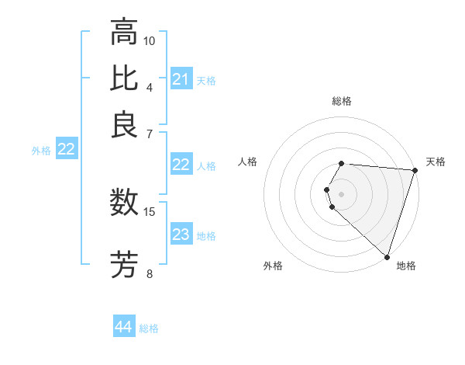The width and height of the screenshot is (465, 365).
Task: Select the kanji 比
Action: point(124,78)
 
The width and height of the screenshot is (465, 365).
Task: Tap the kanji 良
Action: point(124,123)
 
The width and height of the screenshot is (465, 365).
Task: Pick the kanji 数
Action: point(124,203)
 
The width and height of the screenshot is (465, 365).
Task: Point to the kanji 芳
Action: point(124,265)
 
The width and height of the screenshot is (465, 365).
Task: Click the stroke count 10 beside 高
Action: point(149,40)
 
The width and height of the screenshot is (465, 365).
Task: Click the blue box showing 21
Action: point(181,79)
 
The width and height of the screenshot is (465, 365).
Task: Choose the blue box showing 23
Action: point(181,235)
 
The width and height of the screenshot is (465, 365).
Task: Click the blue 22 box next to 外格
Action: point(66,150)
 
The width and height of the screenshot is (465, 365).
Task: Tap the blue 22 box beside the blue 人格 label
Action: point(181,165)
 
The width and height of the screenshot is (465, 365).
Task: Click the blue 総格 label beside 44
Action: point(149,328)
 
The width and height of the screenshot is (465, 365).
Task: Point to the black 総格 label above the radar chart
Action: point(342,101)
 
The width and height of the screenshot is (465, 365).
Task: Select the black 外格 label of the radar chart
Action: point(273,266)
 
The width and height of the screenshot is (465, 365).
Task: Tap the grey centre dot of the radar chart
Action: point(342,193)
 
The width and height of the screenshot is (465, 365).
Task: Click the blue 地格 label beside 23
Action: point(206,236)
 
